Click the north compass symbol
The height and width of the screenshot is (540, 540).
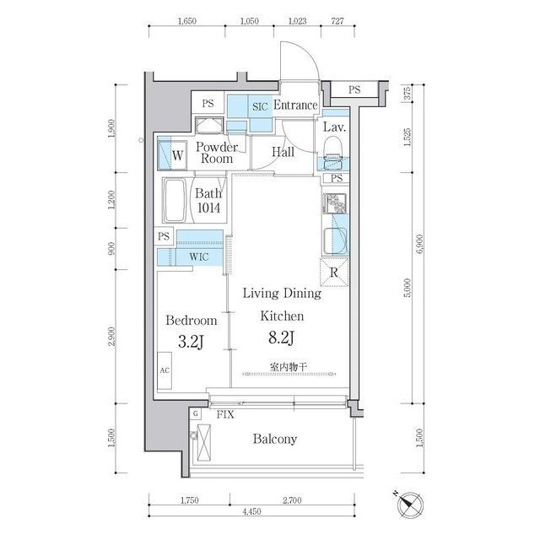(409, 505)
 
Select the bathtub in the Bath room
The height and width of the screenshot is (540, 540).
(175, 201)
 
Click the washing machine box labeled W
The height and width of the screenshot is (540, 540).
(172, 155)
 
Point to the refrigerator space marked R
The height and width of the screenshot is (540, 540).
(334, 273)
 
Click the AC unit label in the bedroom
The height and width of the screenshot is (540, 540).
(165, 370)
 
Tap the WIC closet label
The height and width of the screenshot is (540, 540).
(199, 256)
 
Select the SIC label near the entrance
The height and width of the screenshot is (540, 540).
(260, 107)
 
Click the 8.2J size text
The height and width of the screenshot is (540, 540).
(281, 337)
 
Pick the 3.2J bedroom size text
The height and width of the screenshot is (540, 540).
(192, 342)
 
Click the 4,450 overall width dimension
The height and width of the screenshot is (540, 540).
(251, 511)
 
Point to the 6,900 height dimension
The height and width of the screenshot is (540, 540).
(419, 244)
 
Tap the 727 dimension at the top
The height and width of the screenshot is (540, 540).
(337, 21)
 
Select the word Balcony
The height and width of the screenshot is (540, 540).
(275, 439)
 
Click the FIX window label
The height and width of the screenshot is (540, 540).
(225, 414)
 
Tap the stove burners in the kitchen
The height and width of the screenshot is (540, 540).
(334, 203)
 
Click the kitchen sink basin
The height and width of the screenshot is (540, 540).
(334, 240)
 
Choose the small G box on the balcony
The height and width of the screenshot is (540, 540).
(196, 413)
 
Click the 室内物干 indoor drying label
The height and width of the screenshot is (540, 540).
(289, 367)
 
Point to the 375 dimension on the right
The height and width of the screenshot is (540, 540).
(407, 94)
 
